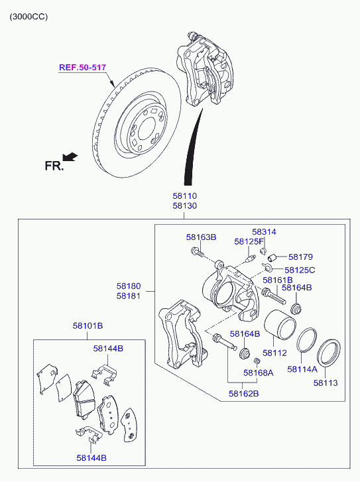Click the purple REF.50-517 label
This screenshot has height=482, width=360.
point(82,68)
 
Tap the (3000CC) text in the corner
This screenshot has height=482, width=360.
point(29,17)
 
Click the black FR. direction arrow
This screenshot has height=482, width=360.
point(70,156)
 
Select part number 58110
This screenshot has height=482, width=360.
point(184,196)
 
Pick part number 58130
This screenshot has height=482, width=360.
point(184,206)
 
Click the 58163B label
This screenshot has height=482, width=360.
point(201,237)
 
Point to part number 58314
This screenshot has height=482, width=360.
point(264,232)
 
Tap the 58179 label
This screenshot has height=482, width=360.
point(300,257)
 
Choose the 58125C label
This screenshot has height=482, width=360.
point(300,270)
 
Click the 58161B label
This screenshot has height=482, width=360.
point(278,280)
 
